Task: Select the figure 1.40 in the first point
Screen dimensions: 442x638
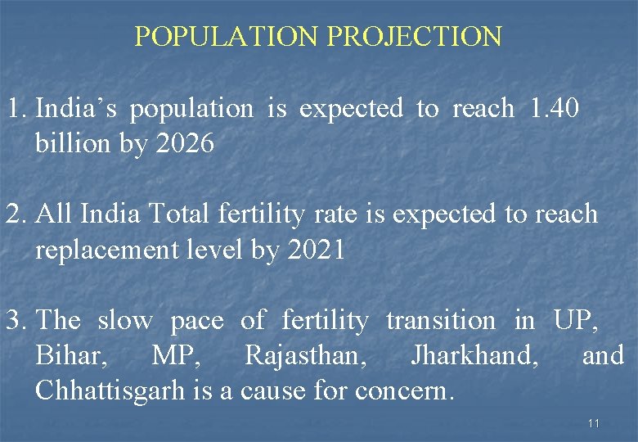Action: tap(555, 109)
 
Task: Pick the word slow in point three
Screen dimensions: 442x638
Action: tap(124, 321)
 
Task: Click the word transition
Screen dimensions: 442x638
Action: tap(440, 321)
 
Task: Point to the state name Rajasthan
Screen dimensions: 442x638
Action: tap(304, 356)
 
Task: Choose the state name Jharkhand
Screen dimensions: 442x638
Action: tap(474, 356)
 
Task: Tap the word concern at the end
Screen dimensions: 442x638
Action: tap(403, 391)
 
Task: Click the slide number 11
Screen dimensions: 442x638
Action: tap(594, 423)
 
